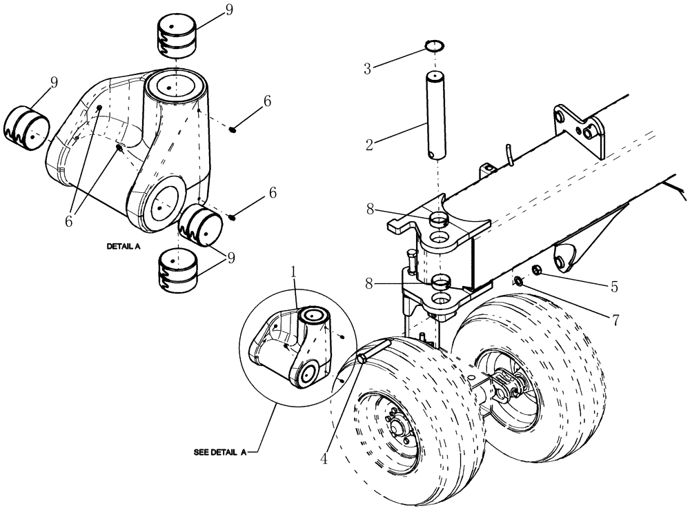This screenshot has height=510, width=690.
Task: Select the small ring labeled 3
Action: [x=433, y=47]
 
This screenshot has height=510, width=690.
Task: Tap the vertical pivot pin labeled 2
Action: [x=435, y=110]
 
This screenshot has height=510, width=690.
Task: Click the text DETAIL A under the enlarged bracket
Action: [x=124, y=245]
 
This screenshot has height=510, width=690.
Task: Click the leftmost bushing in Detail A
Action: [x=27, y=127]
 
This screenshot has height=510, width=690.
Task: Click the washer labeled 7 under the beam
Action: [x=517, y=280]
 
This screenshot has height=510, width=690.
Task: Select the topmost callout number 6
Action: [x=267, y=101]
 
